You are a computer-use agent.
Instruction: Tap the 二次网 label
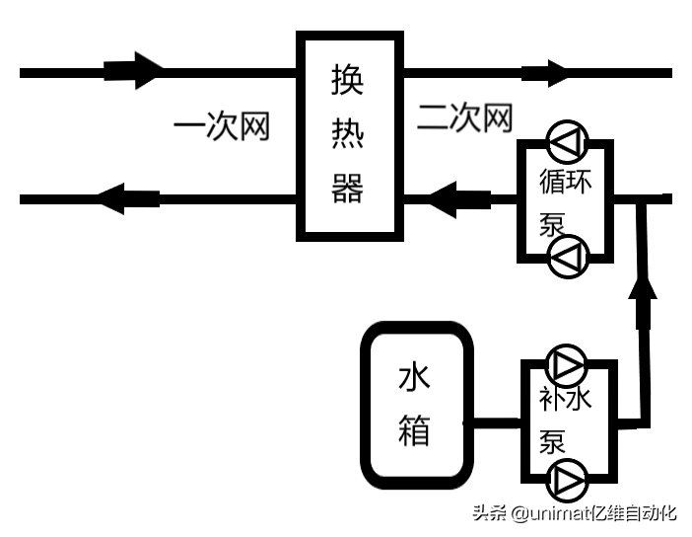464,117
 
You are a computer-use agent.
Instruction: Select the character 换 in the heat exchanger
347,79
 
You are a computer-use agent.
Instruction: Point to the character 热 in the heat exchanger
347,132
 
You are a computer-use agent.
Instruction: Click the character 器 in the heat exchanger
347,188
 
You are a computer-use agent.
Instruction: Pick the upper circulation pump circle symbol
567,142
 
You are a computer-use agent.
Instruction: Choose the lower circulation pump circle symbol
568,257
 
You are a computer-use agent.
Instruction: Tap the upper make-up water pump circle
567,365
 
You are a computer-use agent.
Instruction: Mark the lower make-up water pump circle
567,481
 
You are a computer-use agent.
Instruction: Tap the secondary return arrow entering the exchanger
460,199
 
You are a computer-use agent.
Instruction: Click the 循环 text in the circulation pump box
566,181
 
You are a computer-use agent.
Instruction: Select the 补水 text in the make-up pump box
566,398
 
